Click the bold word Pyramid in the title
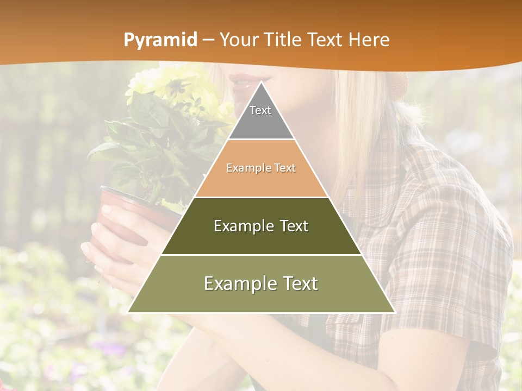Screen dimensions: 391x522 [160, 40]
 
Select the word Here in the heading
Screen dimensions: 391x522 [369, 40]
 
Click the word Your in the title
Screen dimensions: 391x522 [239, 40]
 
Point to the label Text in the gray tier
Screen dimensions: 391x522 [260, 110]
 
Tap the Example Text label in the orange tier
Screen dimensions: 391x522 [261, 168]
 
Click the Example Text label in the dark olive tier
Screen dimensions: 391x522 [261, 226]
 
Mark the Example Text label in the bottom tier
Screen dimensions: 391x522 [261, 283]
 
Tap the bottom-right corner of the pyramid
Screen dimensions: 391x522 [394, 312]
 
